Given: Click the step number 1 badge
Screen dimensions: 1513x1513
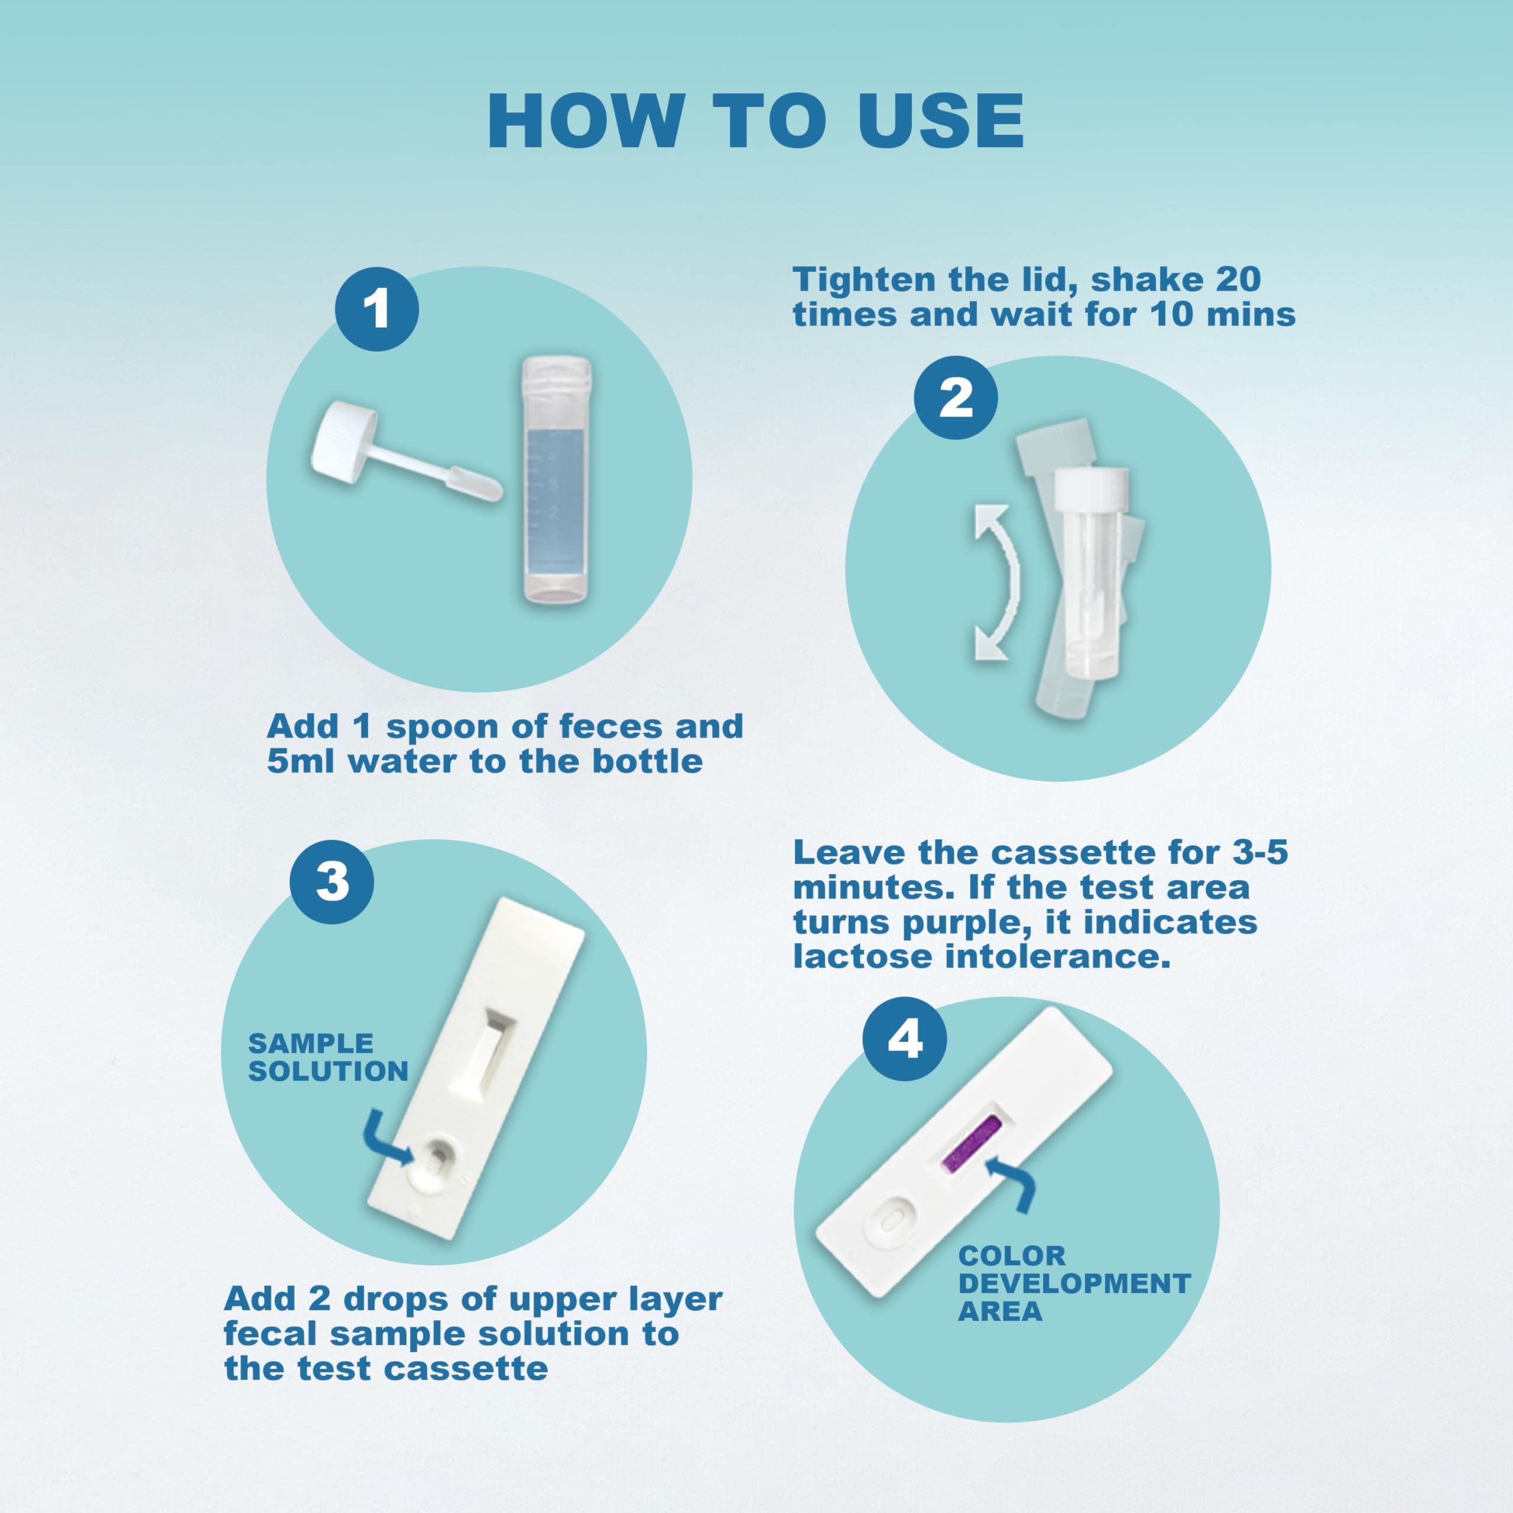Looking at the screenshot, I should coord(376,309).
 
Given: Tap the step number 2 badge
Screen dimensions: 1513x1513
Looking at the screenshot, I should coord(956,398).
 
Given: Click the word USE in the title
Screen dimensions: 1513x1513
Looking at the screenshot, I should coord(940,121).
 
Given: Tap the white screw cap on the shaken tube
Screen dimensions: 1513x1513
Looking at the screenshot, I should coord(1091,487).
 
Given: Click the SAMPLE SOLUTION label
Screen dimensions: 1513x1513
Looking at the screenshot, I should coord(328,1057).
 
